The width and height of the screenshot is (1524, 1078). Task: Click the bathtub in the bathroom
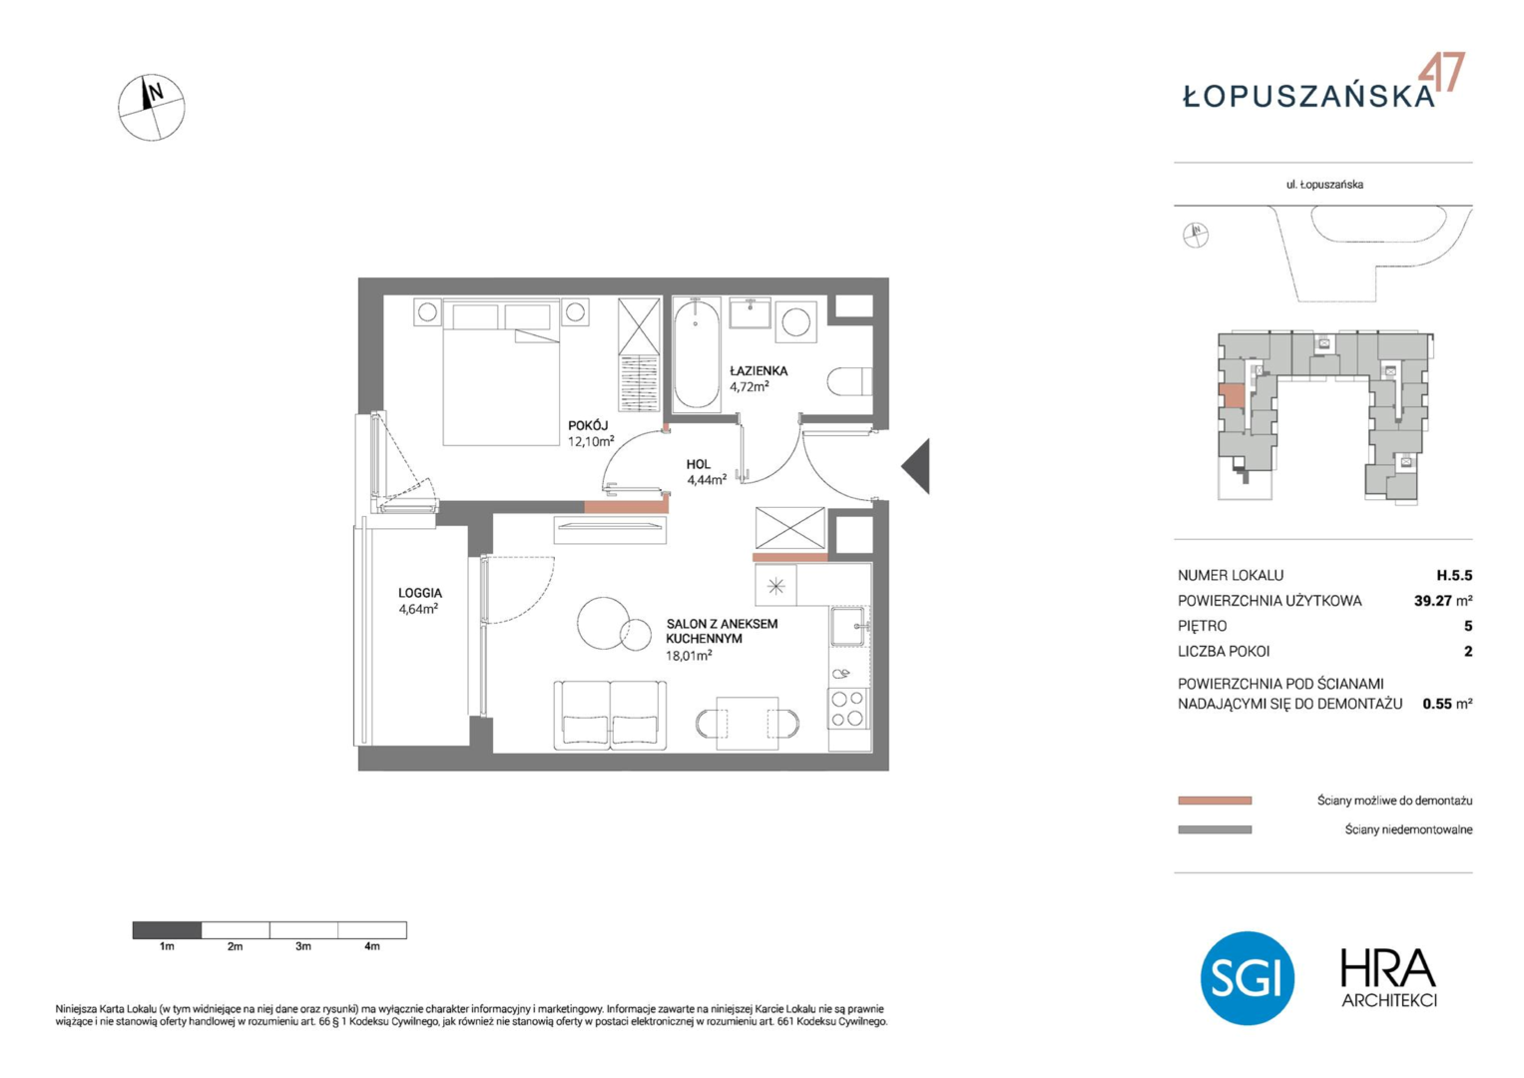(696, 354)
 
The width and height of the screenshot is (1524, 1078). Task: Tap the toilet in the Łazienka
(849, 381)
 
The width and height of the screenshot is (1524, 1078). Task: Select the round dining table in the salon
(603, 623)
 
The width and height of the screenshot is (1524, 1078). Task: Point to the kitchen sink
(847, 626)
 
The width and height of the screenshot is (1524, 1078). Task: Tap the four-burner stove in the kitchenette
(848, 708)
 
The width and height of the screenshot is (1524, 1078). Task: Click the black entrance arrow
(916, 466)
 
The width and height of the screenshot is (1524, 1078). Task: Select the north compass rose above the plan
(151, 108)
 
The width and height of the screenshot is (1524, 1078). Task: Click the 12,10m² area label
(591, 441)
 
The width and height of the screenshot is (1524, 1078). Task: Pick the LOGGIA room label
(420, 593)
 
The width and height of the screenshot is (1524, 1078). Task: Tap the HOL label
(698, 464)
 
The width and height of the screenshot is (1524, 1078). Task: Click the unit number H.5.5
(1454, 575)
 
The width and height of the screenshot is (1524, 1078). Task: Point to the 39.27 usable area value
(1433, 601)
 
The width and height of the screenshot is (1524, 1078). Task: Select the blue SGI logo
(1248, 978)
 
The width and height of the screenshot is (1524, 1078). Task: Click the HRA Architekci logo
(1388, 978)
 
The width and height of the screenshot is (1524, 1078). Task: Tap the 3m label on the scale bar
(303, 946)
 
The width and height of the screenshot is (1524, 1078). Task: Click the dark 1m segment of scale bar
(167, 929)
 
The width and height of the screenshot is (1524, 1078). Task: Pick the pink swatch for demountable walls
(1215, 801)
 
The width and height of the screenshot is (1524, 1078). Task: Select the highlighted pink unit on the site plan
(1232, 395)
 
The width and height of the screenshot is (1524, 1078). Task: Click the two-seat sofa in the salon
(610, 716)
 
